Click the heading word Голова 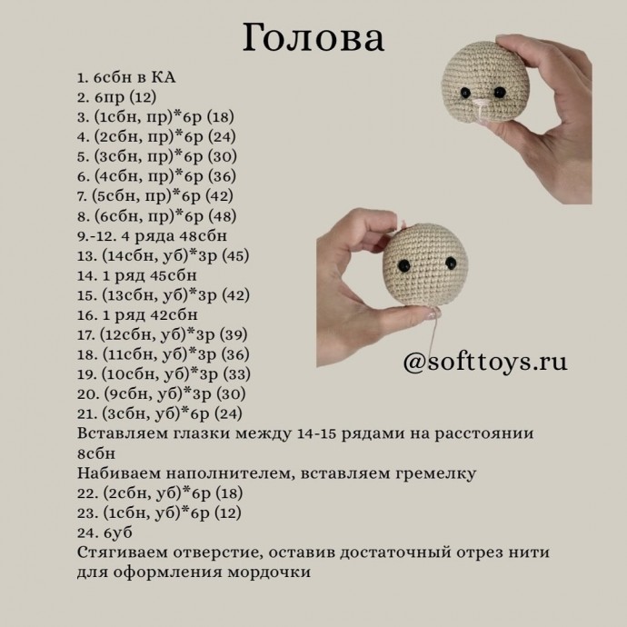[313, 40]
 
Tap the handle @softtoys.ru [484, 362]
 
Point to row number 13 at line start [88, 255]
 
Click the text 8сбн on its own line [98, 453]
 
